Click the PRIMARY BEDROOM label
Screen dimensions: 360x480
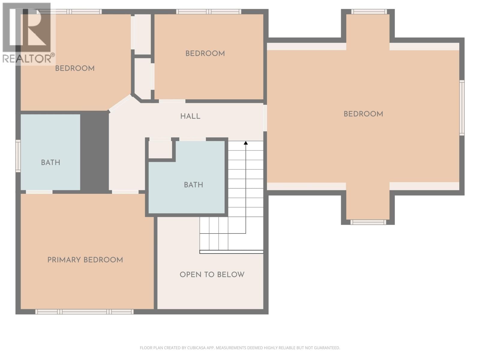pyautogui.click(x=85, y=260)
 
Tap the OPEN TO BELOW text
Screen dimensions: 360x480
pyautogui.click(x=212, y=274)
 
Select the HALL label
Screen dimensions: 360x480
pyautogui.click(x=190, y=116)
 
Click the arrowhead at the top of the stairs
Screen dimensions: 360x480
pyautogui.click(x=246, y=143)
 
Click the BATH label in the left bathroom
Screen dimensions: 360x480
pyautogui.click(x=50, y=163)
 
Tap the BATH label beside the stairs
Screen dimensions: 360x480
pyautogui.click(x=193, y=185)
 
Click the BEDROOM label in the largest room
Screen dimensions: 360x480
pyautogui.click(x=363, y=114)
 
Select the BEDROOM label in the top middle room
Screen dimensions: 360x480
pyautogui.click(x=205, y=54)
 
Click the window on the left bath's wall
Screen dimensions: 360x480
pyautogui.click(x=18, y=156)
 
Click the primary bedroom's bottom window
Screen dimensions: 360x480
pyautogui.click(x=84, y=312)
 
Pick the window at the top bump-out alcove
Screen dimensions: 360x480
pyautogui.click(x=369, y=12)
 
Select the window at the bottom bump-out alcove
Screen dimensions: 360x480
pyautogui.click(x=368, y=222)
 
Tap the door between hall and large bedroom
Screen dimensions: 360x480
pyautogui.click(x=265, y=118)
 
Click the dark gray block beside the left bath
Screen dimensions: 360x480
pyautogui.click(x=94, y=151)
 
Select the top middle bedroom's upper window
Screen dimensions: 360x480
pyautogui.click(x=208, y=12)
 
